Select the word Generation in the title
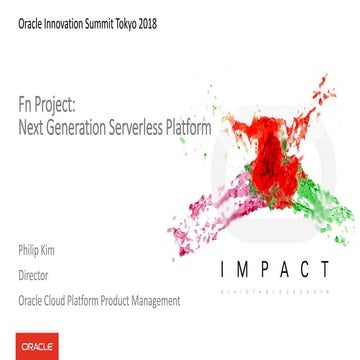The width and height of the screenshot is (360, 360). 82,127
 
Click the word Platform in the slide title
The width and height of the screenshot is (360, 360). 189,127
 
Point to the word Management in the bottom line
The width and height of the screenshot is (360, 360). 157,299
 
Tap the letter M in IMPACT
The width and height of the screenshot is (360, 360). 229,269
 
